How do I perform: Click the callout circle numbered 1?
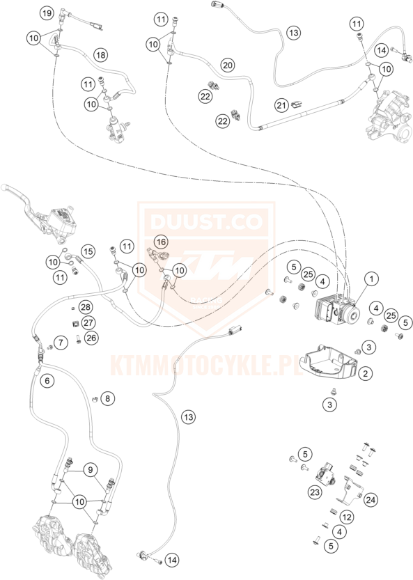[x=371, y=279]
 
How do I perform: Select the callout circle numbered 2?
[x=365, y=373]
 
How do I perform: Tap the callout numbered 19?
[x=47, y=14]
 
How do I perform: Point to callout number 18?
[x=100, y=55]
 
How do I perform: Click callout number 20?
[x=228, y=65]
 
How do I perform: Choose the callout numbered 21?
[x=282, y=105]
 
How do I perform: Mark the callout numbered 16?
[x=161, y=242]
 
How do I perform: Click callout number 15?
[x=88, y=251]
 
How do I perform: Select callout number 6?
[x=47, y=381]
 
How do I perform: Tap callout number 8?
[x=108, y=398]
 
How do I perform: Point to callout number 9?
[x=91, y=470]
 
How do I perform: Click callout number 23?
[x=315, y=492]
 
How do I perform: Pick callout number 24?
[x=371, y=500]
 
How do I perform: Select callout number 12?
[x=347, y=517]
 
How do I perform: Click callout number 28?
[x=86, y=307]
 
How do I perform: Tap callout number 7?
[x=61, y=343]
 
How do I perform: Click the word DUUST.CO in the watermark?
[x=206, y=221]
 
